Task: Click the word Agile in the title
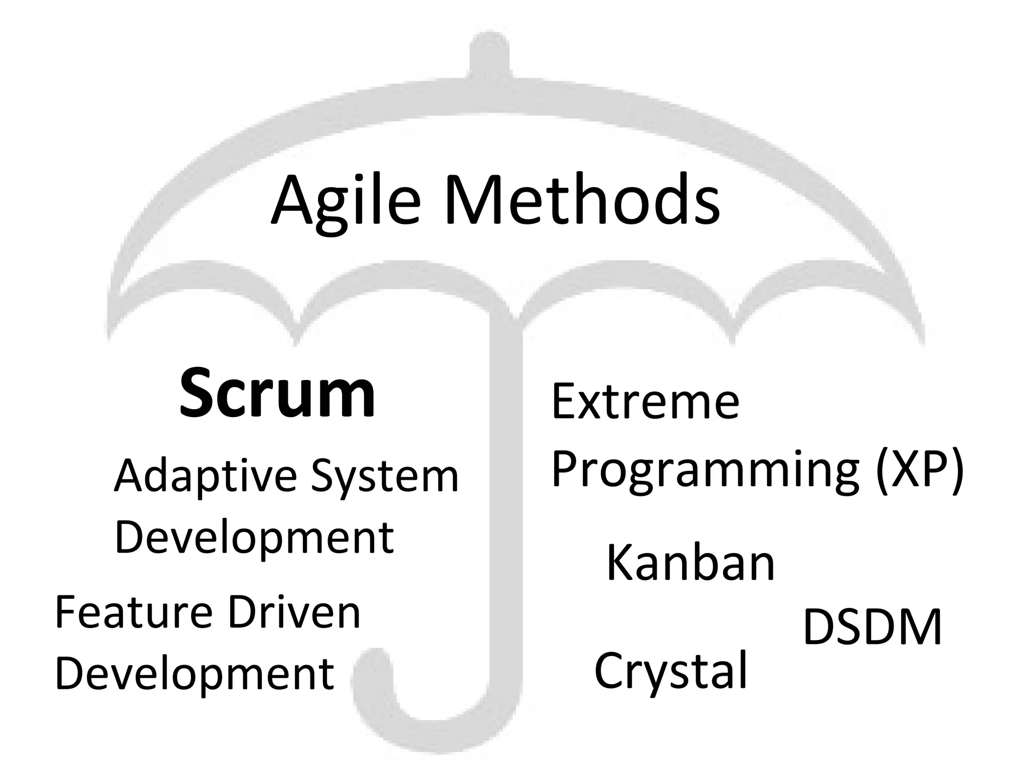pos(345,201)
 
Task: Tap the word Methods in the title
pos(582,201)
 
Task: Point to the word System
pos(385,476)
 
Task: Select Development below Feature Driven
pos(194,674)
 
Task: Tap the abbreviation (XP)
pos(919,469)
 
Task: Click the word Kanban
pos(691,563)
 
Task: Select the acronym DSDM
pos(873,627)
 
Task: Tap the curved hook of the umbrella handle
pos(401,723)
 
